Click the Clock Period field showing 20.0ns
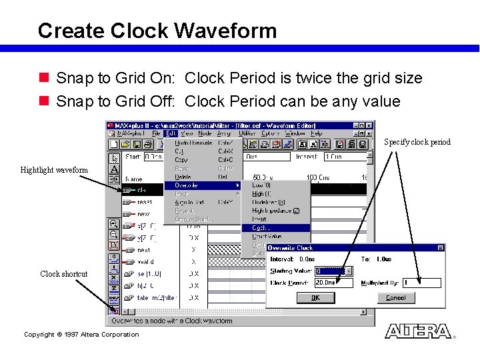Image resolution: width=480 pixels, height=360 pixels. point(333,283)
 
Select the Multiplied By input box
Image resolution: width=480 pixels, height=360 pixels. point(421,283)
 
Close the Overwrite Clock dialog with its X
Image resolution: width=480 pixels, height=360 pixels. point(441,248)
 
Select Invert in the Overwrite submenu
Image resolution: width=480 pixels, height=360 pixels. point(259,219)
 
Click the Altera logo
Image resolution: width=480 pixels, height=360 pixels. point(417,331)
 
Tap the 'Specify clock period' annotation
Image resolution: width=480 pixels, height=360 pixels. point(417,142)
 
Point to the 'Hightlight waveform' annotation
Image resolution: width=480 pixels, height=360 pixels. point(54,170)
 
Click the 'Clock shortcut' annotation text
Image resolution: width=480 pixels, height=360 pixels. point(63,274)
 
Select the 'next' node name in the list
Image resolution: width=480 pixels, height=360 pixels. point(143,249)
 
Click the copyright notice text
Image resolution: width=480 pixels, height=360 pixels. point(81,335)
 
